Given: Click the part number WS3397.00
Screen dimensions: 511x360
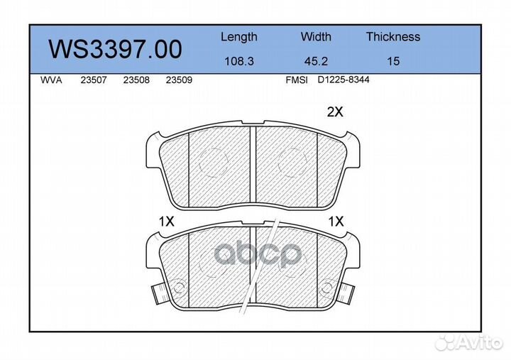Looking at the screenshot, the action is [115, 49].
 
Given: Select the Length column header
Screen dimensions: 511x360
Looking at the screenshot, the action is [239, 37].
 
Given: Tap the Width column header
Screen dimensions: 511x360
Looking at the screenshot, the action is [316, 36].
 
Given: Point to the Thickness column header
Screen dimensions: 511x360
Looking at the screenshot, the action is [393, 36].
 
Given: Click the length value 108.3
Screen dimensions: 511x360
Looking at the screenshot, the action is [239, 61].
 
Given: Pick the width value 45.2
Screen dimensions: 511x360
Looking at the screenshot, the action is [316, 61].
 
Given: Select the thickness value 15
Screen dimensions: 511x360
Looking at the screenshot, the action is [393, 61].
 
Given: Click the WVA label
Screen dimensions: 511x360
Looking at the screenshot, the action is [51, 80].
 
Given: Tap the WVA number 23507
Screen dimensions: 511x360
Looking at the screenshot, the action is [94, 80].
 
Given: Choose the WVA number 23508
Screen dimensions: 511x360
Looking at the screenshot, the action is [136, 80].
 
